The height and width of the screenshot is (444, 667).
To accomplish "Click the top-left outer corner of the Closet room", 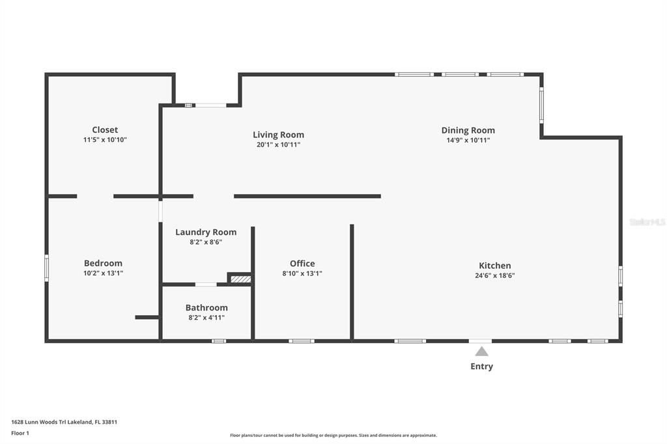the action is coord(45,73).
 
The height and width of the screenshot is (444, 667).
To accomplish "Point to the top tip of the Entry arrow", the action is coord(481,346).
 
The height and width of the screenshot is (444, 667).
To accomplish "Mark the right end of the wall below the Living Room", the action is coord(380,196).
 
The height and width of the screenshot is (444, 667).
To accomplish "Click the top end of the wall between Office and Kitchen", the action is coord(352,225).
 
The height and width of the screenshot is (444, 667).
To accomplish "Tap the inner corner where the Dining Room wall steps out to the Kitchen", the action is coord(541,137).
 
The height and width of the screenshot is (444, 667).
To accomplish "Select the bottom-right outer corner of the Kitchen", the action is coord(622,342).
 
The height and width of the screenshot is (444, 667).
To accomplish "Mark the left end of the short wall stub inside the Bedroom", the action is coord(135,317).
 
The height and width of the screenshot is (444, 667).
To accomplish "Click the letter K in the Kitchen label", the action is coord(482,266).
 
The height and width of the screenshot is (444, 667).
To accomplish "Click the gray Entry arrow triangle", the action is coord(481,352).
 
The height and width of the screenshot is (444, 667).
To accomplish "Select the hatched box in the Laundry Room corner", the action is coord(241,279).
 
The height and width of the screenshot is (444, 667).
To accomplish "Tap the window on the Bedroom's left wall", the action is coord(46,268).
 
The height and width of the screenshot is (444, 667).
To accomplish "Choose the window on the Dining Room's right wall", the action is coord(541,105).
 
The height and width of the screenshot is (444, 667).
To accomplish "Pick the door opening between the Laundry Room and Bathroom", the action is coord(206,284).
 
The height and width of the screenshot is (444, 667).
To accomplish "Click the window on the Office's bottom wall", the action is coord(302,340).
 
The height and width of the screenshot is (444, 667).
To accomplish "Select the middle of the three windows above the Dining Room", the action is coord(460,74).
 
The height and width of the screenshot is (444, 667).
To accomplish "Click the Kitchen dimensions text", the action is coord(495,275).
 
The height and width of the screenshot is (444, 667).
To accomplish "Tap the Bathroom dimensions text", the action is coord(206,318).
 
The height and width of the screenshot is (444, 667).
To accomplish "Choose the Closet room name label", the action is coord(105,130).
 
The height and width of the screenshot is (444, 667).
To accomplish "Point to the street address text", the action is coord(64,422).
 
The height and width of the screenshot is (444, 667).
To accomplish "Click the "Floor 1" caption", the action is coord(20,433).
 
